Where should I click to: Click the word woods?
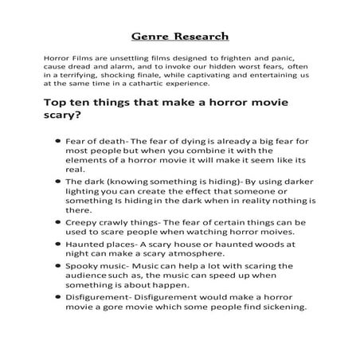tap(266, 246)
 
